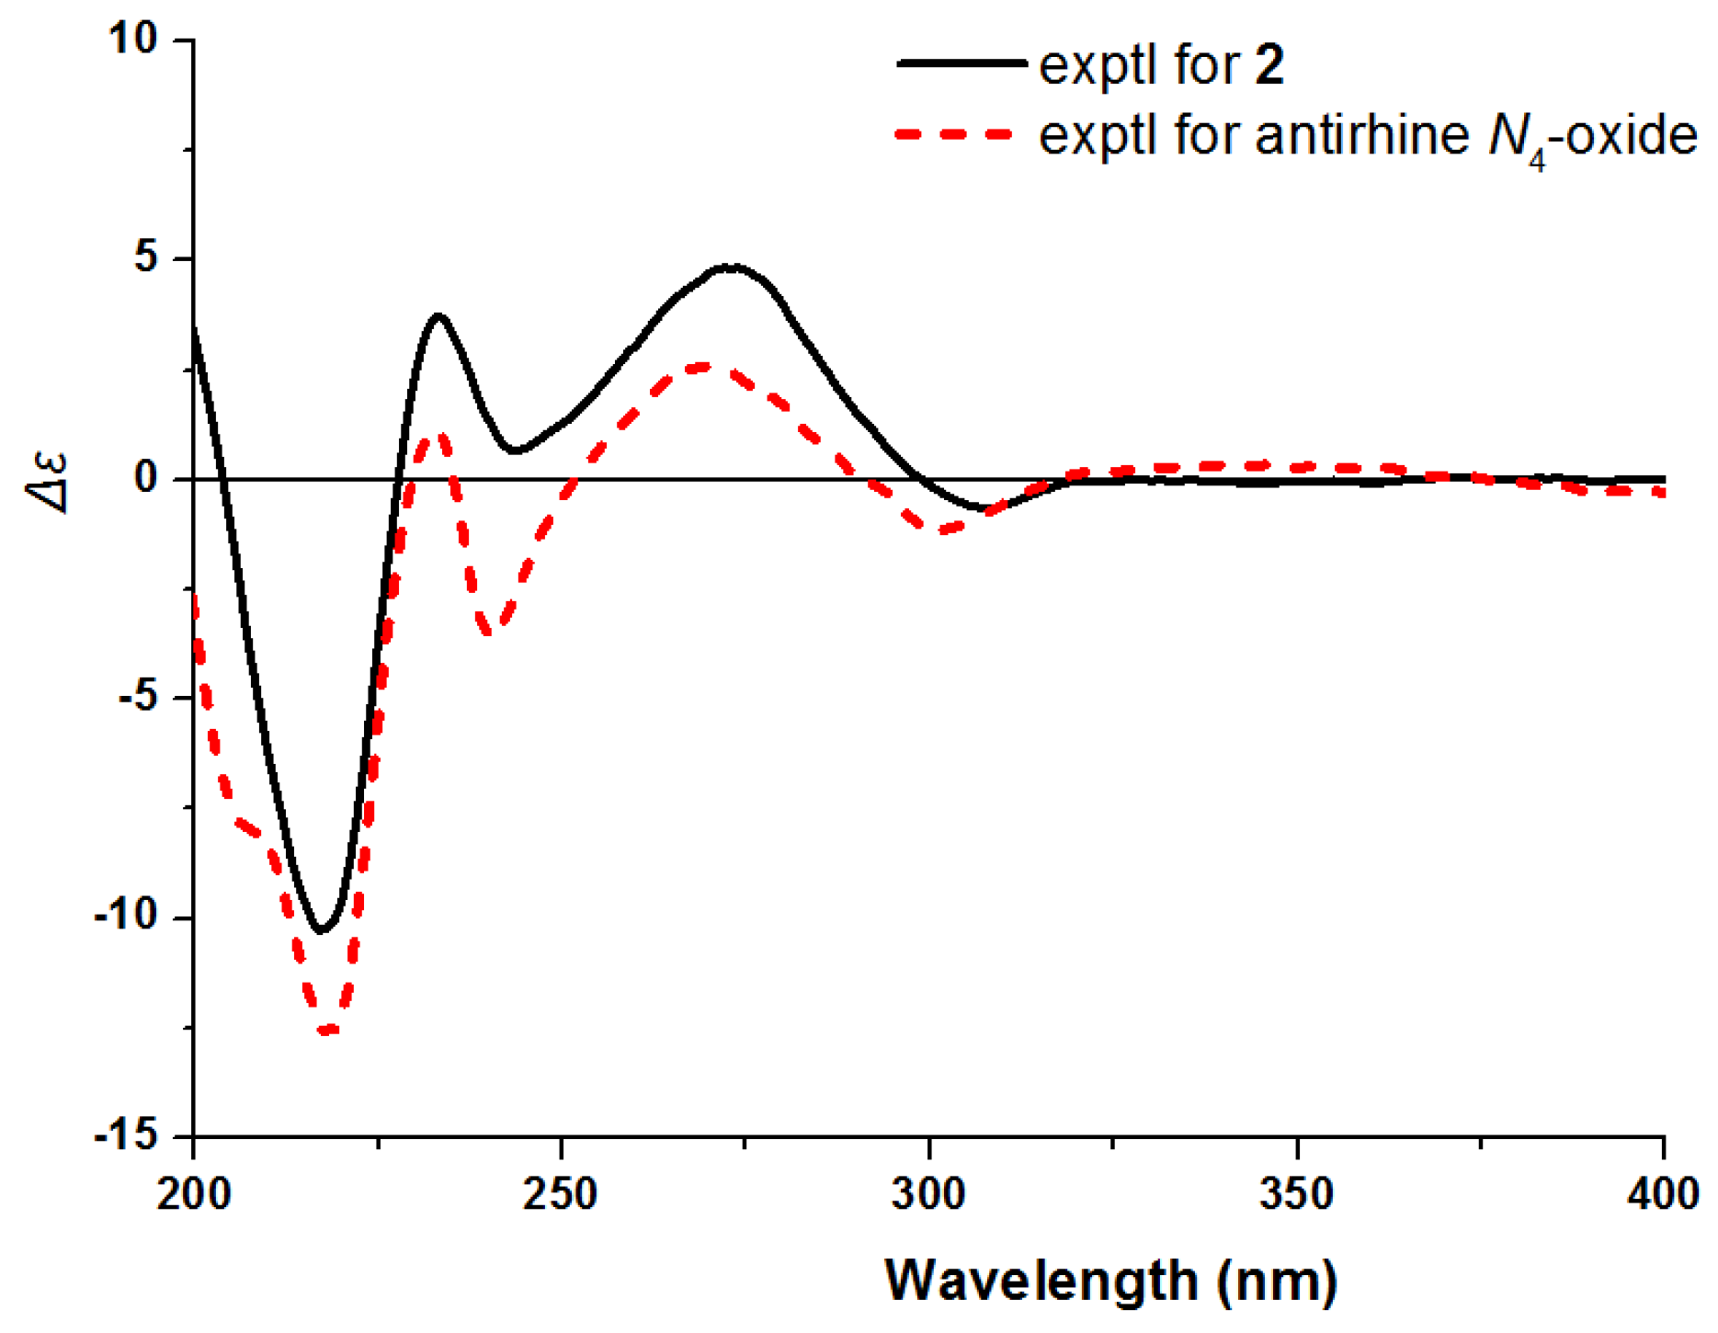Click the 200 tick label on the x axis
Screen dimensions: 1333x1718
click(x=194, y=1194)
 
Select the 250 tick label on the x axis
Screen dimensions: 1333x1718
click(x=561, y=1194)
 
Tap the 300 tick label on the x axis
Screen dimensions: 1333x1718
click(x=928, y=1194)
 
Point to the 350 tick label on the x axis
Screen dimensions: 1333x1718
click(x=1296, y=1194)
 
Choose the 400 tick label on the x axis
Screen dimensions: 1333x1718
click(x=1662, y=1194)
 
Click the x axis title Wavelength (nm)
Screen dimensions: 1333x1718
click(x=1110, y=1280)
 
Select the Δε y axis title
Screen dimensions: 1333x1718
click(x=48, y=479)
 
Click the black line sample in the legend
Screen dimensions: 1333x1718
click(x=961, y=63)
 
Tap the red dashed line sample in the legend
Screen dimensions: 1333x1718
click(x=956, y=134)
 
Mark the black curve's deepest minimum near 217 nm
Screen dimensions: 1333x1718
click(x=321, y=931)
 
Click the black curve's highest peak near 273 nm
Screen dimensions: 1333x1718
click(x=729, y=267)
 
